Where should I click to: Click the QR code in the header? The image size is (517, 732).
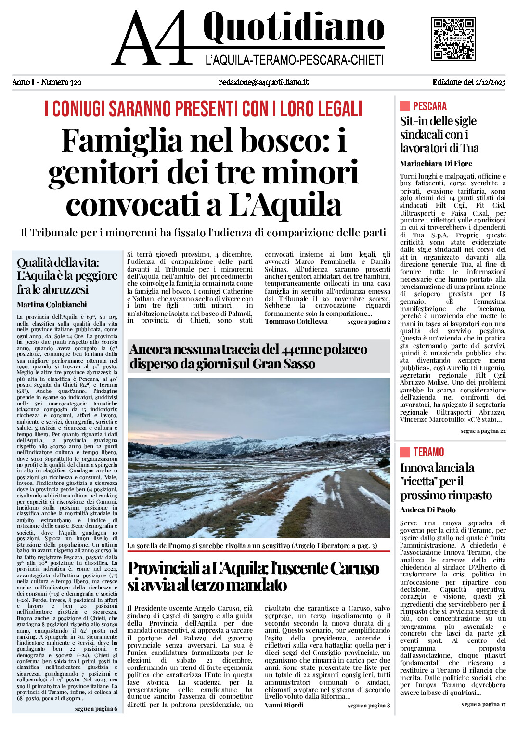(453, 39)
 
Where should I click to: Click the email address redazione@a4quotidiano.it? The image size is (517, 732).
(263, 82)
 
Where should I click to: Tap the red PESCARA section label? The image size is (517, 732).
(429, 106)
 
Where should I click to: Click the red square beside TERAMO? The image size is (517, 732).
(405, 452)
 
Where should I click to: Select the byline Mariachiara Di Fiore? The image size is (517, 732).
(436, 164)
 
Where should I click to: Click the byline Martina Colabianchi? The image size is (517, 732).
(52, 305)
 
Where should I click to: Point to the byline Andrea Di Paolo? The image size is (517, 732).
(427, 510)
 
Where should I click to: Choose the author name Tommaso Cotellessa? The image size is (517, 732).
(296, 322)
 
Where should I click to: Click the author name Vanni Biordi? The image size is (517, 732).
(284, 706)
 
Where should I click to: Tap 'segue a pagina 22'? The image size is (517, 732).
(483, 431)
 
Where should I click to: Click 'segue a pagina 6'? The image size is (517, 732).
(96, 709)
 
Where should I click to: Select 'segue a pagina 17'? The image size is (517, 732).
(483, 705)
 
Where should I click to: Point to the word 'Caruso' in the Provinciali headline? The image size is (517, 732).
(354, 569)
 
